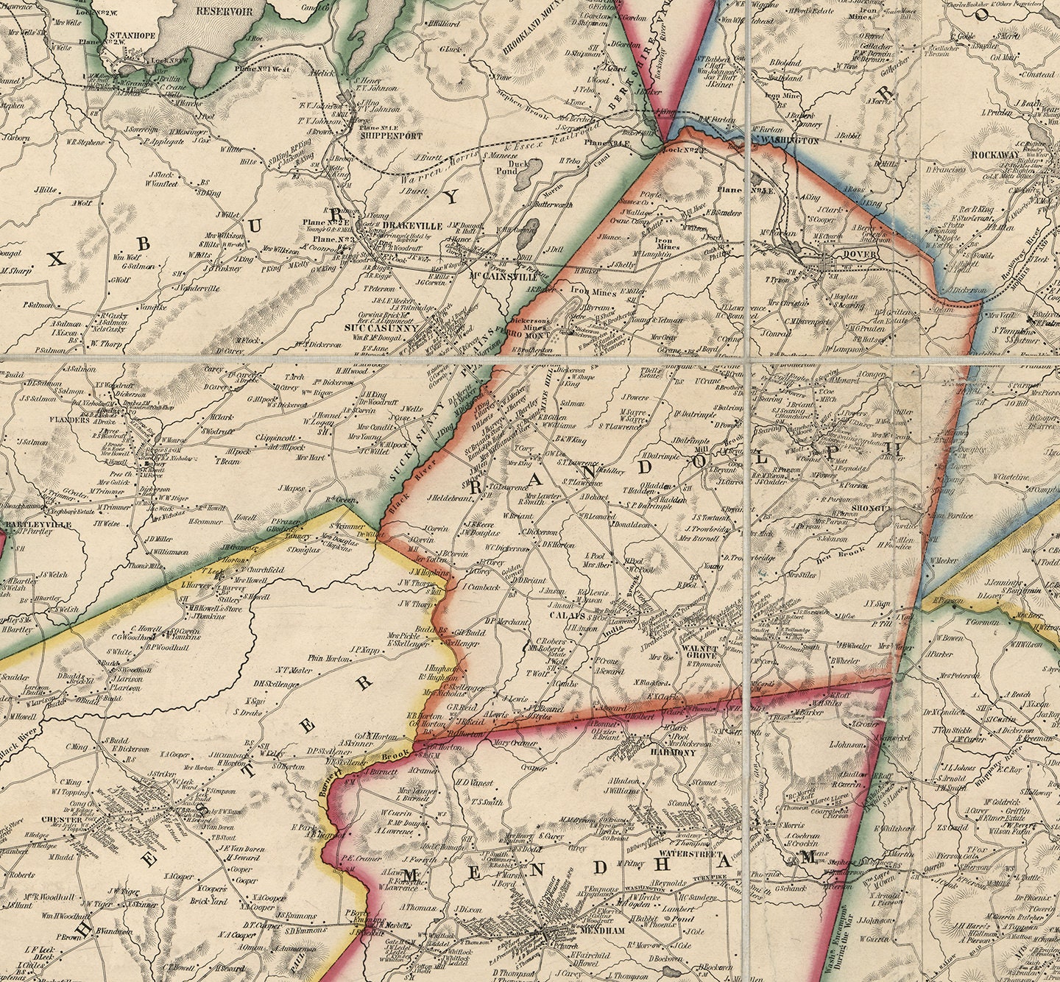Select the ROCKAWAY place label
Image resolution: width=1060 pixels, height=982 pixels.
point(995,155)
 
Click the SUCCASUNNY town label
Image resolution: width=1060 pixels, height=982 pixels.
point(381,328)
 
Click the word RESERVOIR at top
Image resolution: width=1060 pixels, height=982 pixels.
point(225,11)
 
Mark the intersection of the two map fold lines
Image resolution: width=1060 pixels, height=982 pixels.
point(749,358)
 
